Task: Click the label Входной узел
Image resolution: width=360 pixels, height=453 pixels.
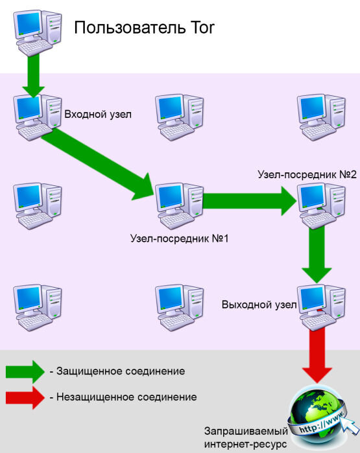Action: [98, 115]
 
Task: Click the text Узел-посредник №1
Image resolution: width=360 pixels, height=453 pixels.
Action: [180, 238]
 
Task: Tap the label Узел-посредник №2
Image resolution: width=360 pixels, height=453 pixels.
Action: [307, 175]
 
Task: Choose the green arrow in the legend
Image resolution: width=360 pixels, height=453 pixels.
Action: [23, 372]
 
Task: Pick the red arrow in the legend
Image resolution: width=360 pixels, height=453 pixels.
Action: [23, 397]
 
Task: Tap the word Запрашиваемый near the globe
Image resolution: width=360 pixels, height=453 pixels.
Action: [245, 430]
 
